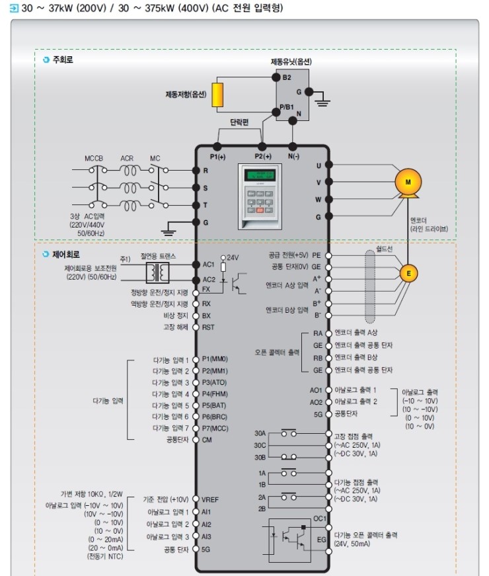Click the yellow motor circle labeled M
coord(408,181)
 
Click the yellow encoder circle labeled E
coord(408,272)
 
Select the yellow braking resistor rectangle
coord(218,95)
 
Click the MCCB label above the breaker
coord(94,159)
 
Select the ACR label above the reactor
coord(127,159)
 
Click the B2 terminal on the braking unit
coord(287,77)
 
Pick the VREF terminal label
coord(210,499)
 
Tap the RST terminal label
coord(207,327)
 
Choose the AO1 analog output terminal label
coord(316,390)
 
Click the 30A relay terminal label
coord(260,434)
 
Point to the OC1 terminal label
coord(320,519)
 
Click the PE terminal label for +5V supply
coord(317,254)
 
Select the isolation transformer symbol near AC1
coord(157,272)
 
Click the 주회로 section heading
coord(62,60)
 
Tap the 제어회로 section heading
coord(66,253)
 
